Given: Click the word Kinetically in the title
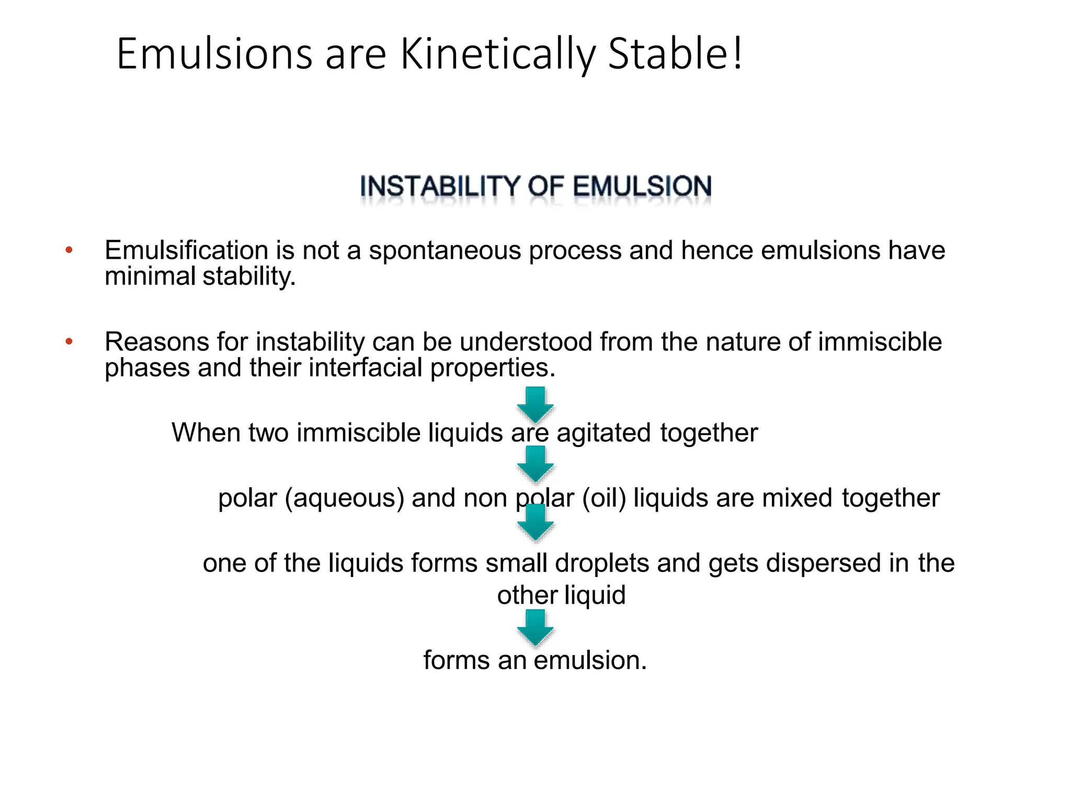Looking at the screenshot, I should click(x=497, y=54).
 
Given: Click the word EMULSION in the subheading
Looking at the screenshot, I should click(x=642, y=187).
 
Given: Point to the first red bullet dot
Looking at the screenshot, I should click(x=69, y=250).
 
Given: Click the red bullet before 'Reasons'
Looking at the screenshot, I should click(x=69, y=342).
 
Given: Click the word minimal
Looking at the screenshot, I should click(x=150, y=276).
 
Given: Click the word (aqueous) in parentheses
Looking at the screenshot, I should click(x=345, y=498).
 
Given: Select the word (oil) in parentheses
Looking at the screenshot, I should click(x=604, y=498).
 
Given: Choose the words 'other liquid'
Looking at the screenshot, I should click(x=561, y=595).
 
